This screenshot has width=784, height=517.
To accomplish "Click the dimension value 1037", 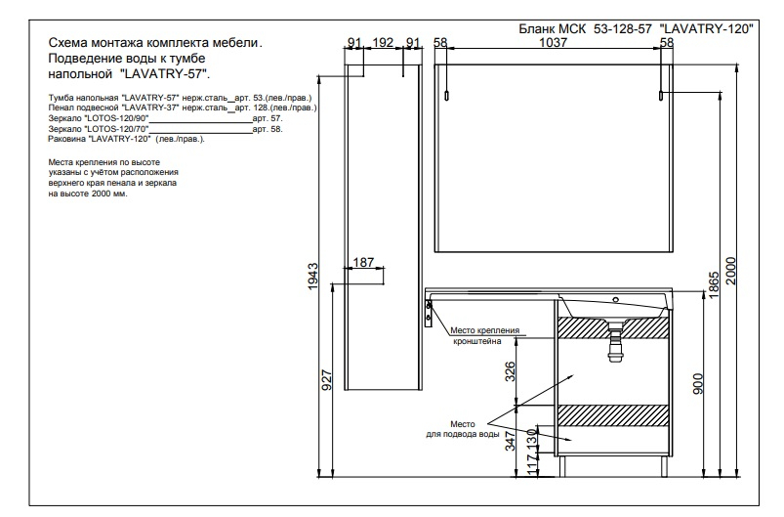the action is [x=553, y=43].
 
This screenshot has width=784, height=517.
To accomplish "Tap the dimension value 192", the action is [x=383, y=43].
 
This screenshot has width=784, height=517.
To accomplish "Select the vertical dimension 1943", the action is [x=313, y=276].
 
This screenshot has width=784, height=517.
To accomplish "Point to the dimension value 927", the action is [x=326, y=380].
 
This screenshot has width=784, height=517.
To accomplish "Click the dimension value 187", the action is [x=363, y=262].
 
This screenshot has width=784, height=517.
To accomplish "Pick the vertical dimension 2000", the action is [x=731, y=271].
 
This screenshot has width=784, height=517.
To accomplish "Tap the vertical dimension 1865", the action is [x=714, y=285].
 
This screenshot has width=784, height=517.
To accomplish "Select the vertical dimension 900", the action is [x=698, y=384].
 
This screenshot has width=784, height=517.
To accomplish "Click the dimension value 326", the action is [x=510, y=371].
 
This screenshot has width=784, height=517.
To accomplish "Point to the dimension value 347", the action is [x=510, y=441].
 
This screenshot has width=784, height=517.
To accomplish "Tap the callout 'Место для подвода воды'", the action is [x=463, y=429].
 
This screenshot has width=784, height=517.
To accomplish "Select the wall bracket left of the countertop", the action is [x=429, y=314].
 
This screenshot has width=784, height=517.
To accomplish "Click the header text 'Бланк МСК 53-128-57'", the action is [x=585, y=29].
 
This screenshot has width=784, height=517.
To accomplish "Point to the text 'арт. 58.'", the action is [x=268, y=129].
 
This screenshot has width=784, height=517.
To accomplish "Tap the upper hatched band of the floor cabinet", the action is [x=613, y=327].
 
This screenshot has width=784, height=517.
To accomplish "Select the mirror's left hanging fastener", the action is [x=447, y=96].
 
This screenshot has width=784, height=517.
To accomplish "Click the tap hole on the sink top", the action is [x=616, y=300].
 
